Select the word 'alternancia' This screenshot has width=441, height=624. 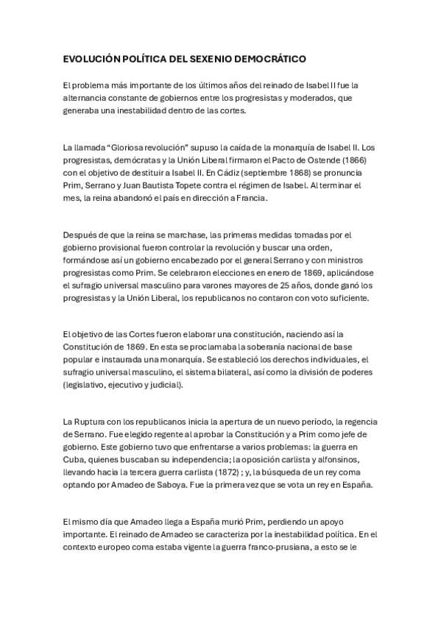pos(86,99)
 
